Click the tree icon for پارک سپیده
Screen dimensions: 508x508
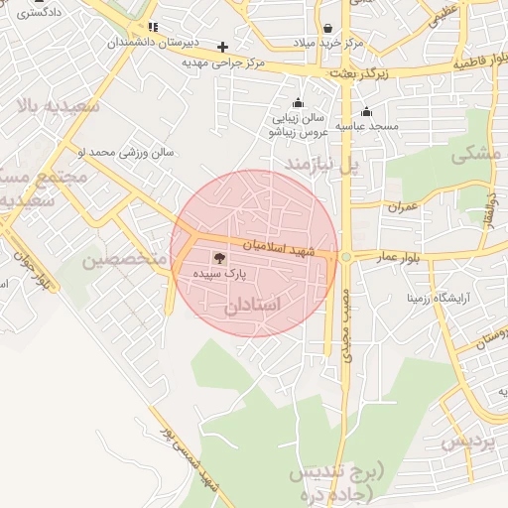219,257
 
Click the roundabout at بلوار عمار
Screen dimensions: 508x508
345,257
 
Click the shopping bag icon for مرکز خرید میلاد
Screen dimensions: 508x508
328,29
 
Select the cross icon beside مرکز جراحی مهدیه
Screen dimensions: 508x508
223,47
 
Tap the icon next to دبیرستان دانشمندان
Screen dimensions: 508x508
152,27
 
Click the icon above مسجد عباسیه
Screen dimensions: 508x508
367,111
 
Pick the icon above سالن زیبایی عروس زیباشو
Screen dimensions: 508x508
298,103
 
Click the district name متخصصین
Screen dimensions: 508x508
121,260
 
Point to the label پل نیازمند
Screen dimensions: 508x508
320,161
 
